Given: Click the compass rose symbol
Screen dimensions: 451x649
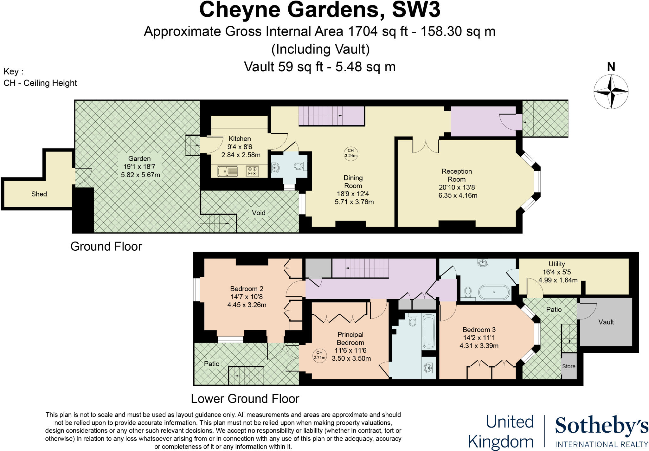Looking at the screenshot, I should (611, 92).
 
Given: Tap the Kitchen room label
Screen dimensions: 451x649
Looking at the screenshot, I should (240, 139).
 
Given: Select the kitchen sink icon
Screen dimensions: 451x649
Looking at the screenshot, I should (227, 171).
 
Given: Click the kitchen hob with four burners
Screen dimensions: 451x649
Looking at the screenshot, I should (252, 171).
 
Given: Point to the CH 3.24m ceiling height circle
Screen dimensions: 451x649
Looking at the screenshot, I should (350, 153).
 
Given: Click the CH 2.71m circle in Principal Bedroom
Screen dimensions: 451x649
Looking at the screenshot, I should (319, 355).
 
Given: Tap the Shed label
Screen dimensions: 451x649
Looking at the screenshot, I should (39, 194).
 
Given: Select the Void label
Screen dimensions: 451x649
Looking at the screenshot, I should (259, 213).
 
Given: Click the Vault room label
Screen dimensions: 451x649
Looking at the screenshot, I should (606, 322).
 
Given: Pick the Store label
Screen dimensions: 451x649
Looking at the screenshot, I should (569, 366).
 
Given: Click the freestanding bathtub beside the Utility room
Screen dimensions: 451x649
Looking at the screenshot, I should (494, 292).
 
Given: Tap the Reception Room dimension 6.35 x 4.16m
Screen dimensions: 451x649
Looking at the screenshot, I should (458, 195).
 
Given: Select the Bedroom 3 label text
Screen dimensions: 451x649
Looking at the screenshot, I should (479, 330).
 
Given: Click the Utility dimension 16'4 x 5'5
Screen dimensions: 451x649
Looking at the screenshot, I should (556, 272).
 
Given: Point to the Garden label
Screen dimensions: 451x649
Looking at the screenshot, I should (139, 158).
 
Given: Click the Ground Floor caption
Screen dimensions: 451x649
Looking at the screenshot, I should (106, 246).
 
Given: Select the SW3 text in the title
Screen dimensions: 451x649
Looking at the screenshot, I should (416, 10).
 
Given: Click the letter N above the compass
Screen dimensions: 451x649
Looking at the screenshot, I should (611, 67).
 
